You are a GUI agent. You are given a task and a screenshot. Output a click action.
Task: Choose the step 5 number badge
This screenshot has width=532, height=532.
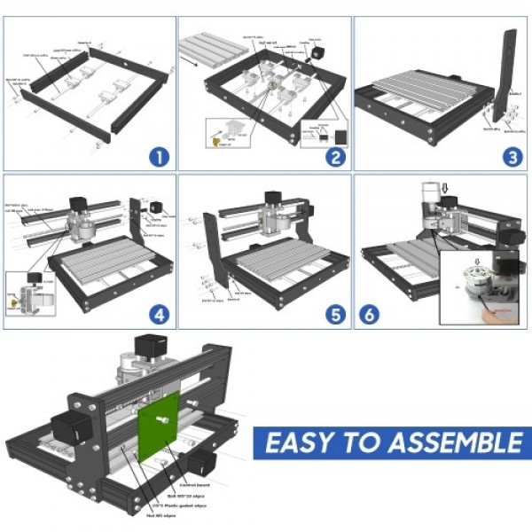point(334,313)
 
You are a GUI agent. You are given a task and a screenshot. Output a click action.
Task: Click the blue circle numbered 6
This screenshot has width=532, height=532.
point(371,315)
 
